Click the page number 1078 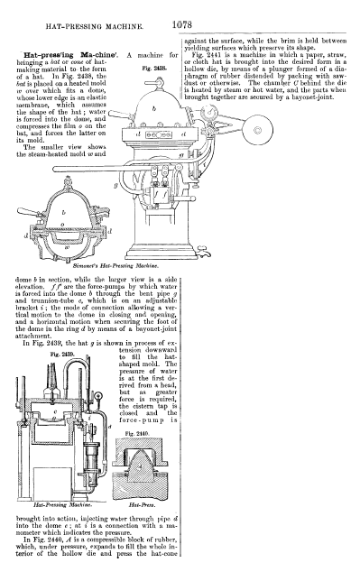182,25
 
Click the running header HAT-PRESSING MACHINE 95,27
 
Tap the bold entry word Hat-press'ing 52,55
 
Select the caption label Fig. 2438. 154,69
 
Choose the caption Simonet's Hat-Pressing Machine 115,265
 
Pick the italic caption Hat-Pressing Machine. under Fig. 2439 62,504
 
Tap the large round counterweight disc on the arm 257,130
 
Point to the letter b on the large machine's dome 154,108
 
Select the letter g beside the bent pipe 116,184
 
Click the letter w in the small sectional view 67,247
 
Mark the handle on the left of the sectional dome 29,212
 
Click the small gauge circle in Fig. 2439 99,396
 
